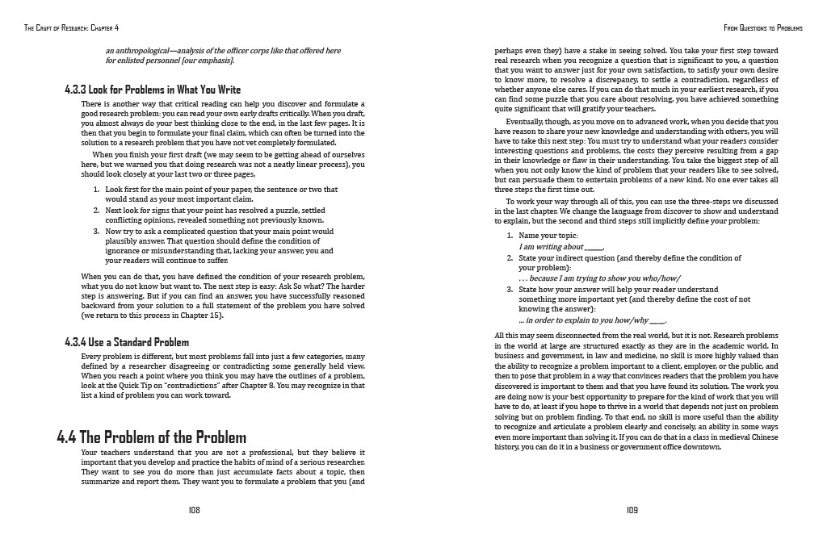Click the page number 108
coord(194,510)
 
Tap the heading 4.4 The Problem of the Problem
coord(152,438)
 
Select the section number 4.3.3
coord(81,90)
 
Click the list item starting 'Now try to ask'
coord(219,231)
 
